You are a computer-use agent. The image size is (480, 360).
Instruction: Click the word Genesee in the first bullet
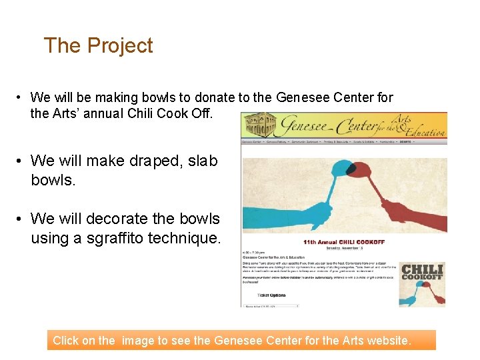click(x=302, y=97)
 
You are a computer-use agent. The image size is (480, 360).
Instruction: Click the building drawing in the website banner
click(x=262, y=125)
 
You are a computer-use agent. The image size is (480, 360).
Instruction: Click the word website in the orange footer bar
click(x=387, y=341)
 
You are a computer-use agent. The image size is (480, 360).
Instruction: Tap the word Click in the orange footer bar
click(x=65, y=341)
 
